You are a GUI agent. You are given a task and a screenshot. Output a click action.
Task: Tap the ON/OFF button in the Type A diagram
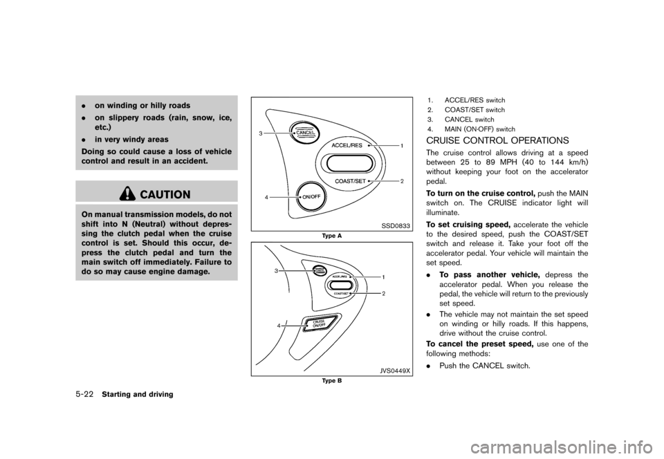click(x=310, y=196)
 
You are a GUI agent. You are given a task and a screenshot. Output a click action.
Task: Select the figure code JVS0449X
click(x=394, y=370)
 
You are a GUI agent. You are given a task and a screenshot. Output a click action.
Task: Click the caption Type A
click(x=332, y=236)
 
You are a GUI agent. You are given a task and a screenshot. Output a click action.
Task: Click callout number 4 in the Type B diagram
click(x=279, y=324)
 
